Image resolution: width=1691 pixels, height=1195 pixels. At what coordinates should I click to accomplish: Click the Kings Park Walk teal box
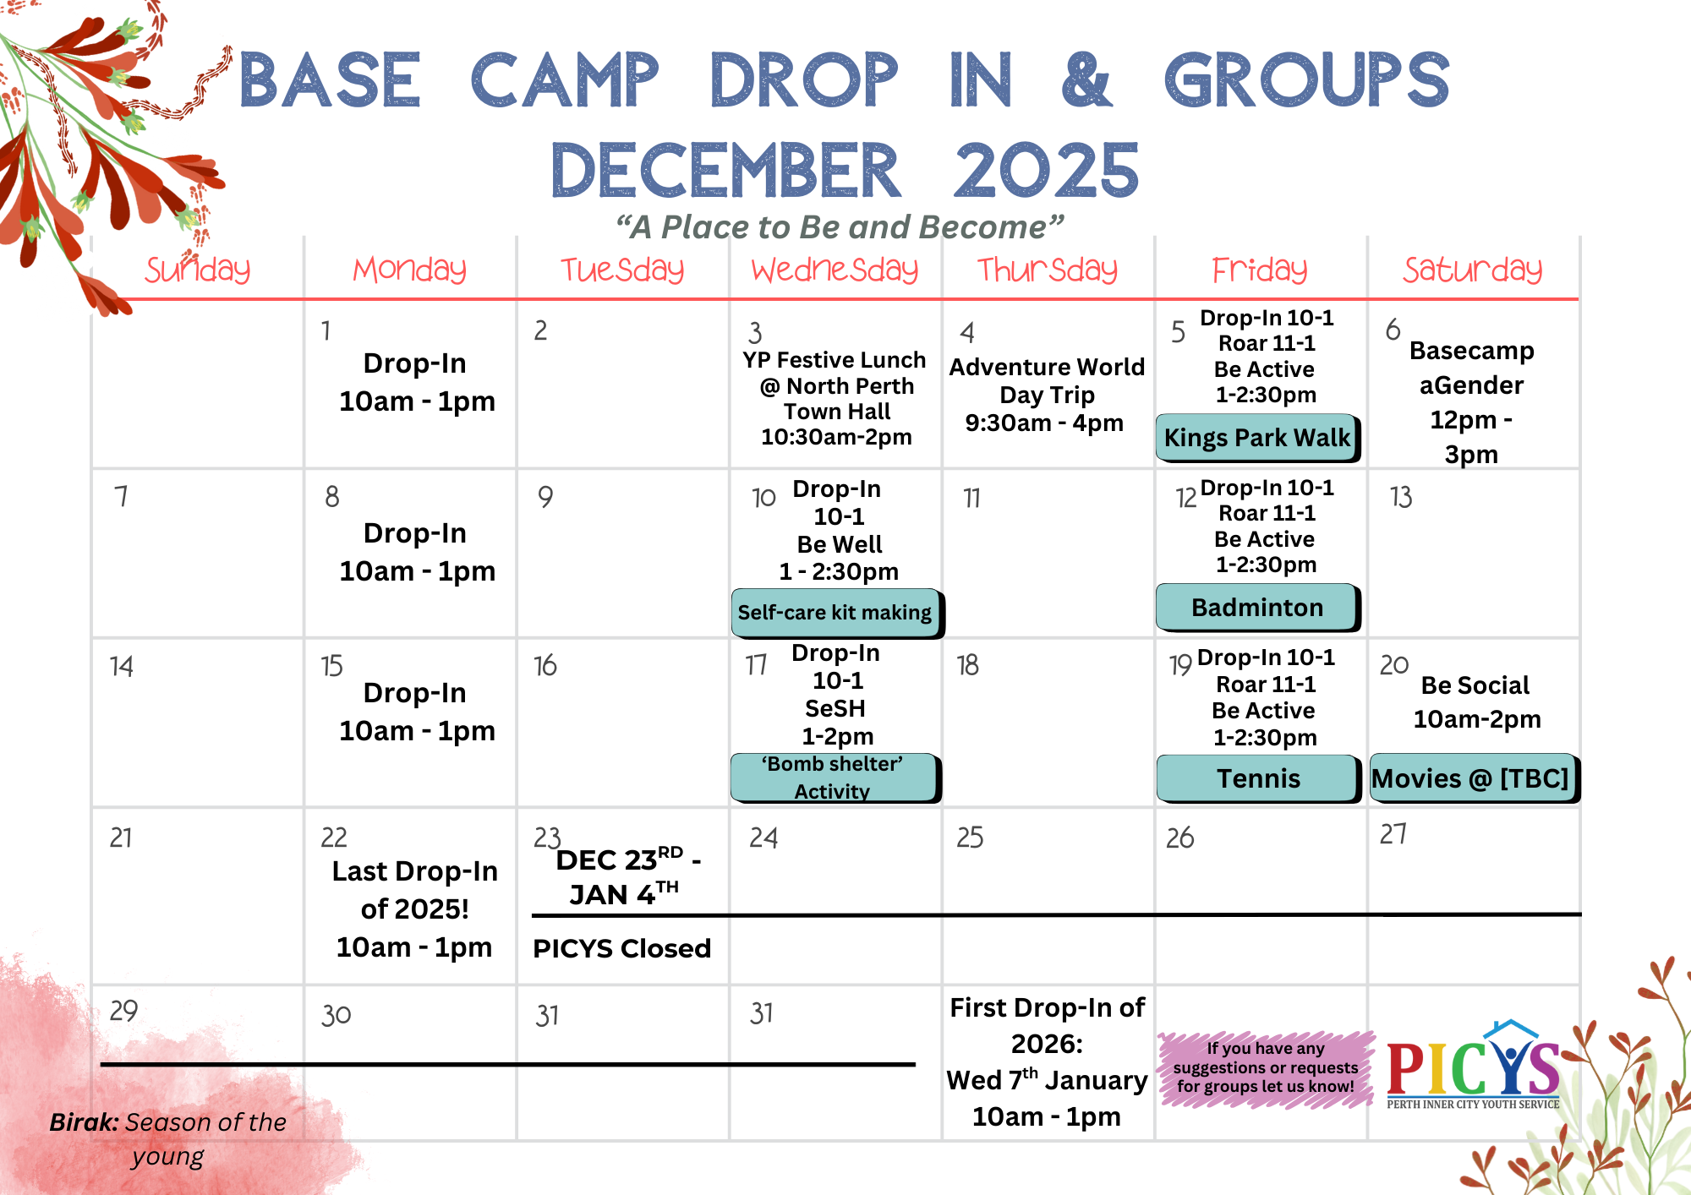click(1258, 438)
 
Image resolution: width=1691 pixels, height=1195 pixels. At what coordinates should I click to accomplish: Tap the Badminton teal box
click(1258, 608)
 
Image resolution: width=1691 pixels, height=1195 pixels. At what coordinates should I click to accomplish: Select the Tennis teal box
click(1258, 778)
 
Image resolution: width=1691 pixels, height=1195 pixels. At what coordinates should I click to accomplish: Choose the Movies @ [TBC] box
click(1475, 778)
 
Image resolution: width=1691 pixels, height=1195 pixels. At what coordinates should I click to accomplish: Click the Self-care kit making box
click(837, 613)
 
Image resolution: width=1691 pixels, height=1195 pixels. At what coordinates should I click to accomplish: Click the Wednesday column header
click(835, 270)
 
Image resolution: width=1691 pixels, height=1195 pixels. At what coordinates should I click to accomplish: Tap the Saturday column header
click(1473, 270)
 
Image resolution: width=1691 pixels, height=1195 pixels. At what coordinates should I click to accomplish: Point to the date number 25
click(970, 838)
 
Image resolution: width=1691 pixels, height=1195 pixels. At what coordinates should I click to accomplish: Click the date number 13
click(1401, 497)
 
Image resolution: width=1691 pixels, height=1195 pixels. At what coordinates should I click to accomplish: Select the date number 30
click(336, 1014)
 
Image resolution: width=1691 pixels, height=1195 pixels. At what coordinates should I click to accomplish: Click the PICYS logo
click(1474, 1065)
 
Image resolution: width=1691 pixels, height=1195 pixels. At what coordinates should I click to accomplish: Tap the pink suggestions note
click(1265, 1068)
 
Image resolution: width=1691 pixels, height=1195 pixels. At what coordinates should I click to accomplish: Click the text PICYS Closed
click(621, 948)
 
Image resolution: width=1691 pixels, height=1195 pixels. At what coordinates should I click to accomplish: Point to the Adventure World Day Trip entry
click(1047, 395)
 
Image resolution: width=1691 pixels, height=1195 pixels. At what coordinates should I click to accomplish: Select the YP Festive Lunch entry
click(835, 398)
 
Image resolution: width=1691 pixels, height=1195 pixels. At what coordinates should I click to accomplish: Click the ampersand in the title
click(1086, 79)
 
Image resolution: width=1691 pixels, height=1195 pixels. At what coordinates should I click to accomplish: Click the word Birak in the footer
click(84, 1122)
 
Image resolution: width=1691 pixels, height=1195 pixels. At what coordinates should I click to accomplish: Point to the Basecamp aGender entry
click(1471, 402)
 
